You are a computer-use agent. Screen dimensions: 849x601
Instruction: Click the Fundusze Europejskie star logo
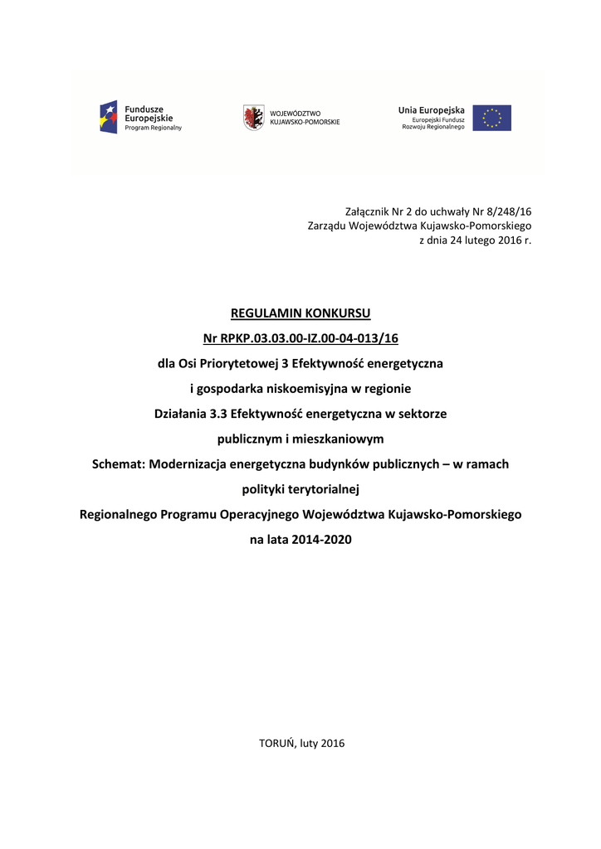109,118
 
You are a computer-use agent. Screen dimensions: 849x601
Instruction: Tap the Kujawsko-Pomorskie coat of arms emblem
253,117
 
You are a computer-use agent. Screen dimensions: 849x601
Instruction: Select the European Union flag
492,118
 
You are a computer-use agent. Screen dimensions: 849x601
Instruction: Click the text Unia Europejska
431,109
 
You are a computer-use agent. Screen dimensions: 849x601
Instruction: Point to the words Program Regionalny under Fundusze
153,129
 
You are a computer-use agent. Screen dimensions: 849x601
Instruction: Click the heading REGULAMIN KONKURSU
300,313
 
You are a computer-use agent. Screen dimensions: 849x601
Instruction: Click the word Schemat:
118,464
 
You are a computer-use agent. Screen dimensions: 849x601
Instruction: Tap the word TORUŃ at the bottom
277,743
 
